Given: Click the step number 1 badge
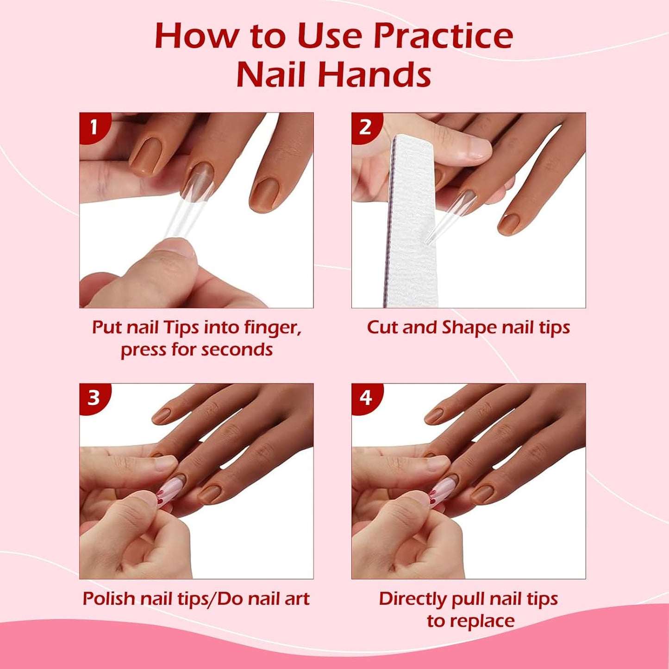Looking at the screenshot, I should coord(94,126).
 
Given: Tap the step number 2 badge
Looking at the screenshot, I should coord(365,126).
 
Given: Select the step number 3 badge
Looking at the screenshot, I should coord(94,397).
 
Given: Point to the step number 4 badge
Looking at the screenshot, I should coord(365,397).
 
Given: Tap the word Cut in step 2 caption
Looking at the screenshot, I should coord(382,327).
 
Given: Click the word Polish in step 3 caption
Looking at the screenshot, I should coord(109,599).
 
